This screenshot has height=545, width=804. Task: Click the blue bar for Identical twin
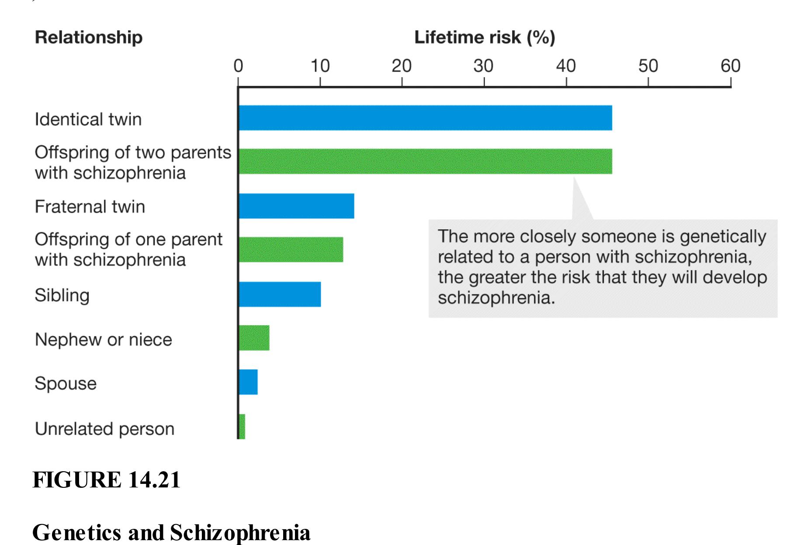pyautogui.click(x=425, y=118)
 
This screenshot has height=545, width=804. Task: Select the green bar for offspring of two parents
pyautogui.click(x=425, y=161)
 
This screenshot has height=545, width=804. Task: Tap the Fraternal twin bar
pyautogui.click(x=297, y=206)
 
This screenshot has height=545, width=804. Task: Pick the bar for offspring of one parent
pyautogui.click(x=291, y=250)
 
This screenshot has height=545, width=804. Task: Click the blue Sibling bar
pyautogui.click(x=280, y=294)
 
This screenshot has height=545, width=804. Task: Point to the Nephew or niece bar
pyautogui.click(x=254, y=338)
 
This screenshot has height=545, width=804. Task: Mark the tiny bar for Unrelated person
pyautogui.click(x=242, y=427)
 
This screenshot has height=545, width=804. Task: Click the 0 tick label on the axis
pyautogui.click(x=238, y=66)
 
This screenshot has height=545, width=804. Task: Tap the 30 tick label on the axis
pyautogui.click(x=483, y=66)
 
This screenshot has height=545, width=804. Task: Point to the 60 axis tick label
pyautogui.click(x=730, y=66)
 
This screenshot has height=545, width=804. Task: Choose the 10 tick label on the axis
pyautogui.click(x=320, y=66)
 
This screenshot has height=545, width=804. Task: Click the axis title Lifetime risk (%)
pyautogui.click(x=484, y=38)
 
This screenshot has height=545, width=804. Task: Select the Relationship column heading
pyautogui.click(x=89, y=38)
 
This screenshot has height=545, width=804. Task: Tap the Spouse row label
pyautogui.click(x=66, y=383)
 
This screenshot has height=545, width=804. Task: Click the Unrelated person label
pyautogui.click(x=104, y=429)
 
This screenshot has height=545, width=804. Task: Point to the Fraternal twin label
pyautogui.click(x=90, y=207)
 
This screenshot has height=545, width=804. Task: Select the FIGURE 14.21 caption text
pyautogui.click(x=106, y=480)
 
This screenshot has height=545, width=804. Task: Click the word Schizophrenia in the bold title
pyautogui.click(x=240, y=533)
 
